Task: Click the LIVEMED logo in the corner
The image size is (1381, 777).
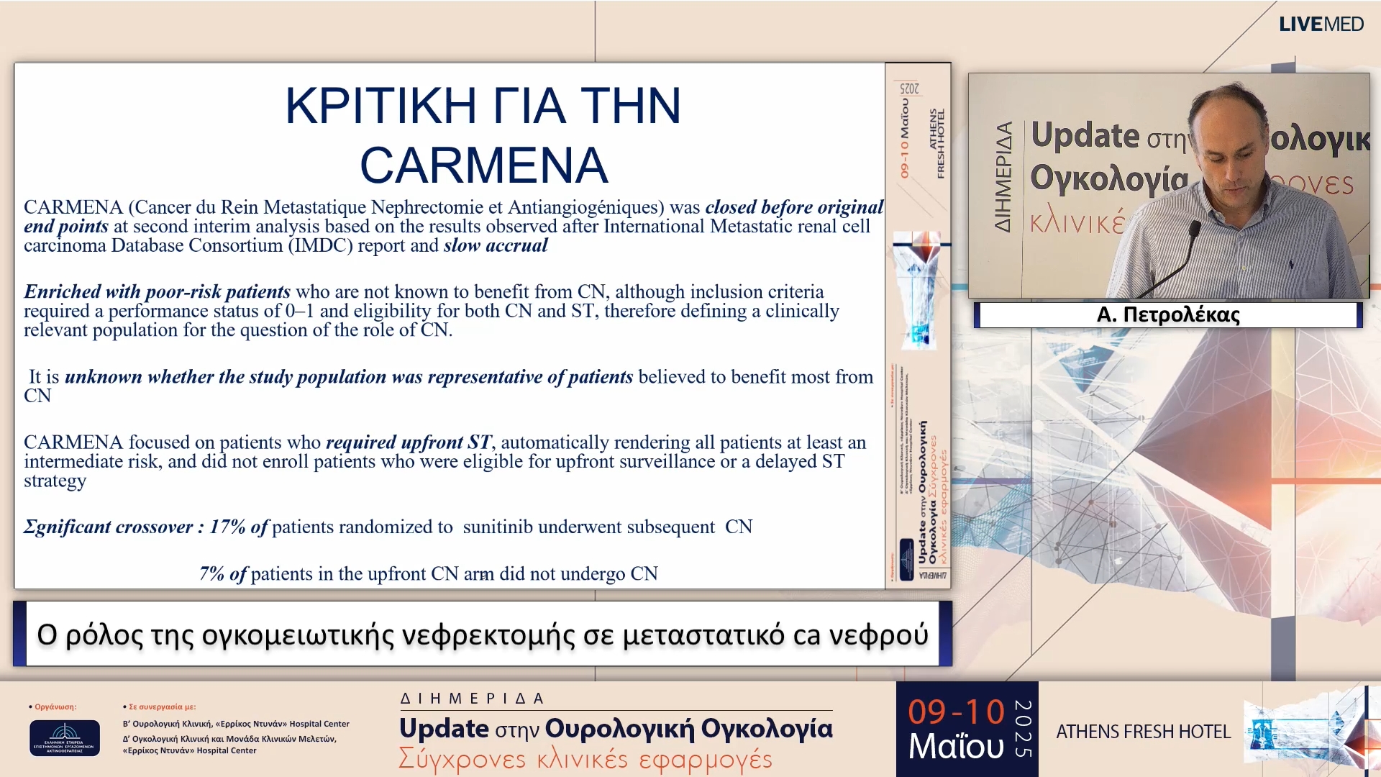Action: [1321, 24]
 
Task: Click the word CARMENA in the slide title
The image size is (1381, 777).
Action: [483, 165]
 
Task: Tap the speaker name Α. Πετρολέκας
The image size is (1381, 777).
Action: [1168, 314]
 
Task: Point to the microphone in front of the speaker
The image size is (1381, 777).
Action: [1194, 230]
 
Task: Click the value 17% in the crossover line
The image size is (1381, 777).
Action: [227, 527]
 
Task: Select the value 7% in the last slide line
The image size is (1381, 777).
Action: [211, 574]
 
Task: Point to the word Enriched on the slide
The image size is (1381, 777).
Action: [62, 292]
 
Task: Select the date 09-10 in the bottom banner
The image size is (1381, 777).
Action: [955, 712]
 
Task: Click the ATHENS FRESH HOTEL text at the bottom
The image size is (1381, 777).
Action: [1143, 732]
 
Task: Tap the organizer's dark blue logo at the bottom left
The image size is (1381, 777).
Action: [65, 737]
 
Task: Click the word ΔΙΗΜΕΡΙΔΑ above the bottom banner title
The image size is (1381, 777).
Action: [472, 699]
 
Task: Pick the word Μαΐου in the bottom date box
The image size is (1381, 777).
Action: [955, 746]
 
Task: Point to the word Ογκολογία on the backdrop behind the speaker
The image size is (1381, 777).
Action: [1108, 178]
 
